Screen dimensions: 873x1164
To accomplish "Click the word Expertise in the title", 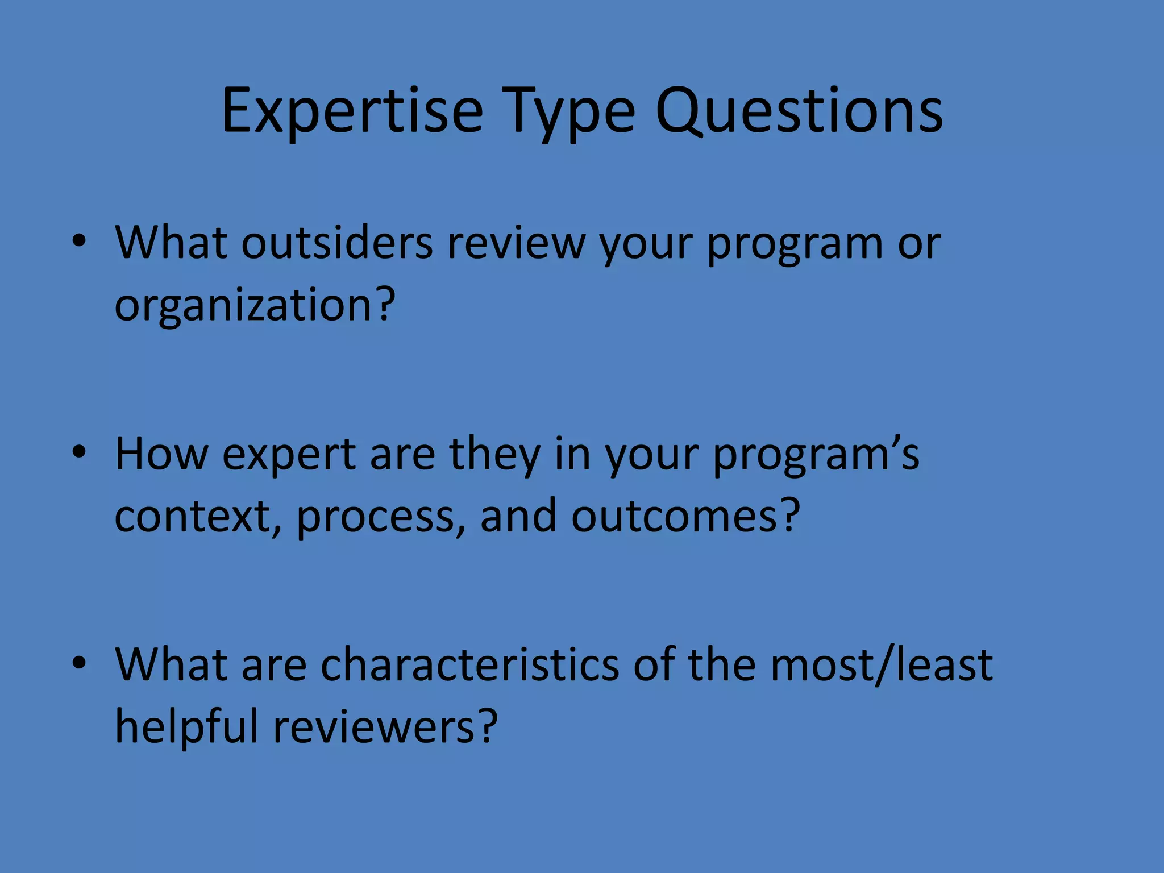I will pos(352,112).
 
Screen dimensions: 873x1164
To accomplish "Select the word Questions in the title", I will pos(799,112).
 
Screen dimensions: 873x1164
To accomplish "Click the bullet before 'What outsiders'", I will pos(79,241).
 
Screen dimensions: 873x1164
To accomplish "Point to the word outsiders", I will pos(337,243).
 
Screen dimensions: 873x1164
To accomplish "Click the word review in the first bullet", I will pos(516,243).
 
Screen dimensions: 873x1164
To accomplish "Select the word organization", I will pos(243,305).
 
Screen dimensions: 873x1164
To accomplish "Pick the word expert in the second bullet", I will pos(289,455).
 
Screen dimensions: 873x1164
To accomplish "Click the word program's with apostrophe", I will pos(816,455).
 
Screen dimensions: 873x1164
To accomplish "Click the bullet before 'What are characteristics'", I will pos(79,663).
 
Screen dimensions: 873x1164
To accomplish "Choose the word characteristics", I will pos(469,665).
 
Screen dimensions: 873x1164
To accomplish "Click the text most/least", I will pos(880,665).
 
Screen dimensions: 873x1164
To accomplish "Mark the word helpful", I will pos(186,726).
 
